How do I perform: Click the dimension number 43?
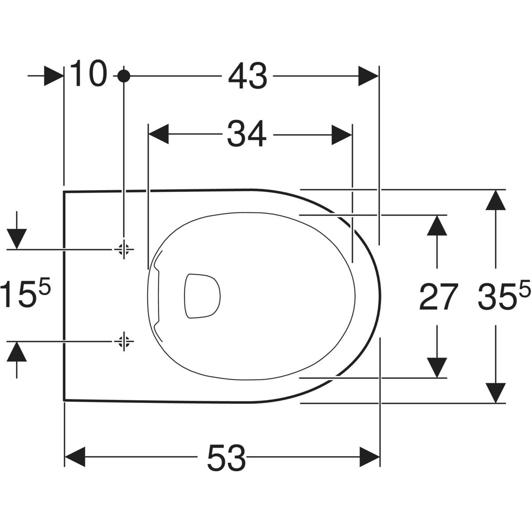pos(248,76)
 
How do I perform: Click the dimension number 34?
pos(247,134)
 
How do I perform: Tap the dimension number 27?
pos(437,297)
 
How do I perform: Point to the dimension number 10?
pos(88,74)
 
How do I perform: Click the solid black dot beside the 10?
pos(124,76)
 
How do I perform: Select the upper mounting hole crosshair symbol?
pos(124,249)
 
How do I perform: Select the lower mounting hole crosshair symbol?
pos(124,341)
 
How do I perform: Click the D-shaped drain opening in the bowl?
pos(202,296)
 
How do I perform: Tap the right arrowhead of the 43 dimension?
pos(368,76)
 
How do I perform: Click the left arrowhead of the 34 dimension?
pos(158,134)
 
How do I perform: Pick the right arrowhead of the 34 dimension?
pos(342,135)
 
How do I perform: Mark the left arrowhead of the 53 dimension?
pos(74,457)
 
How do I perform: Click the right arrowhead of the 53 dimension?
pos(370,457)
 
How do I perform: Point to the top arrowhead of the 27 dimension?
pos(437,225)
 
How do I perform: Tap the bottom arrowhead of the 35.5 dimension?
pos(496,393)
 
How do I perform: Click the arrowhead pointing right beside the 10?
pos(54,76)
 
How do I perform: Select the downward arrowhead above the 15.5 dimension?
pos(16,239)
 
